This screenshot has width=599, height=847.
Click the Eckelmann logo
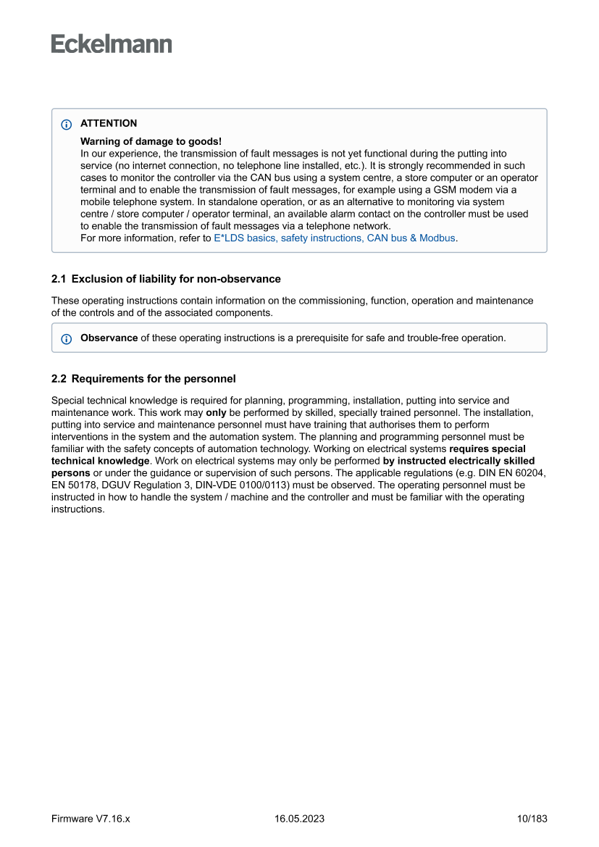(x=112, y=44)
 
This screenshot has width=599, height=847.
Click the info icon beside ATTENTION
(x=67, y=125)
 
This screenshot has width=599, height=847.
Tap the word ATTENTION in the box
(x=109, y=123)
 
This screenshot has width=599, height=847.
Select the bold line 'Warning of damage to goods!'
(x=151, y=141)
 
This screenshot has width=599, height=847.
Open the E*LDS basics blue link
(x=334, y=238)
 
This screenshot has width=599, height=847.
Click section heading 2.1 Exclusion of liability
(x=166, y=279)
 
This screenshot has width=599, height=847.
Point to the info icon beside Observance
(x=67, y=338)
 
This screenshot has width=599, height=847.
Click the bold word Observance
(x=109, y=338)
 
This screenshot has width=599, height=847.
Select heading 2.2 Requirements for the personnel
(x=143, y=379)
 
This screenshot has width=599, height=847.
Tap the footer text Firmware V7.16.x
(x=91, y=819)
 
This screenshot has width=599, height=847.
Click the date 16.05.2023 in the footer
(x=299, y=819)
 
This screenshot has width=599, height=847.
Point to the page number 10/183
(x=532, y=819)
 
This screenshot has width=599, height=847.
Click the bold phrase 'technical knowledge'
(x=100, y=461)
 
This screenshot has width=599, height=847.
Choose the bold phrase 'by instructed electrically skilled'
(x=458, y=461)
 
